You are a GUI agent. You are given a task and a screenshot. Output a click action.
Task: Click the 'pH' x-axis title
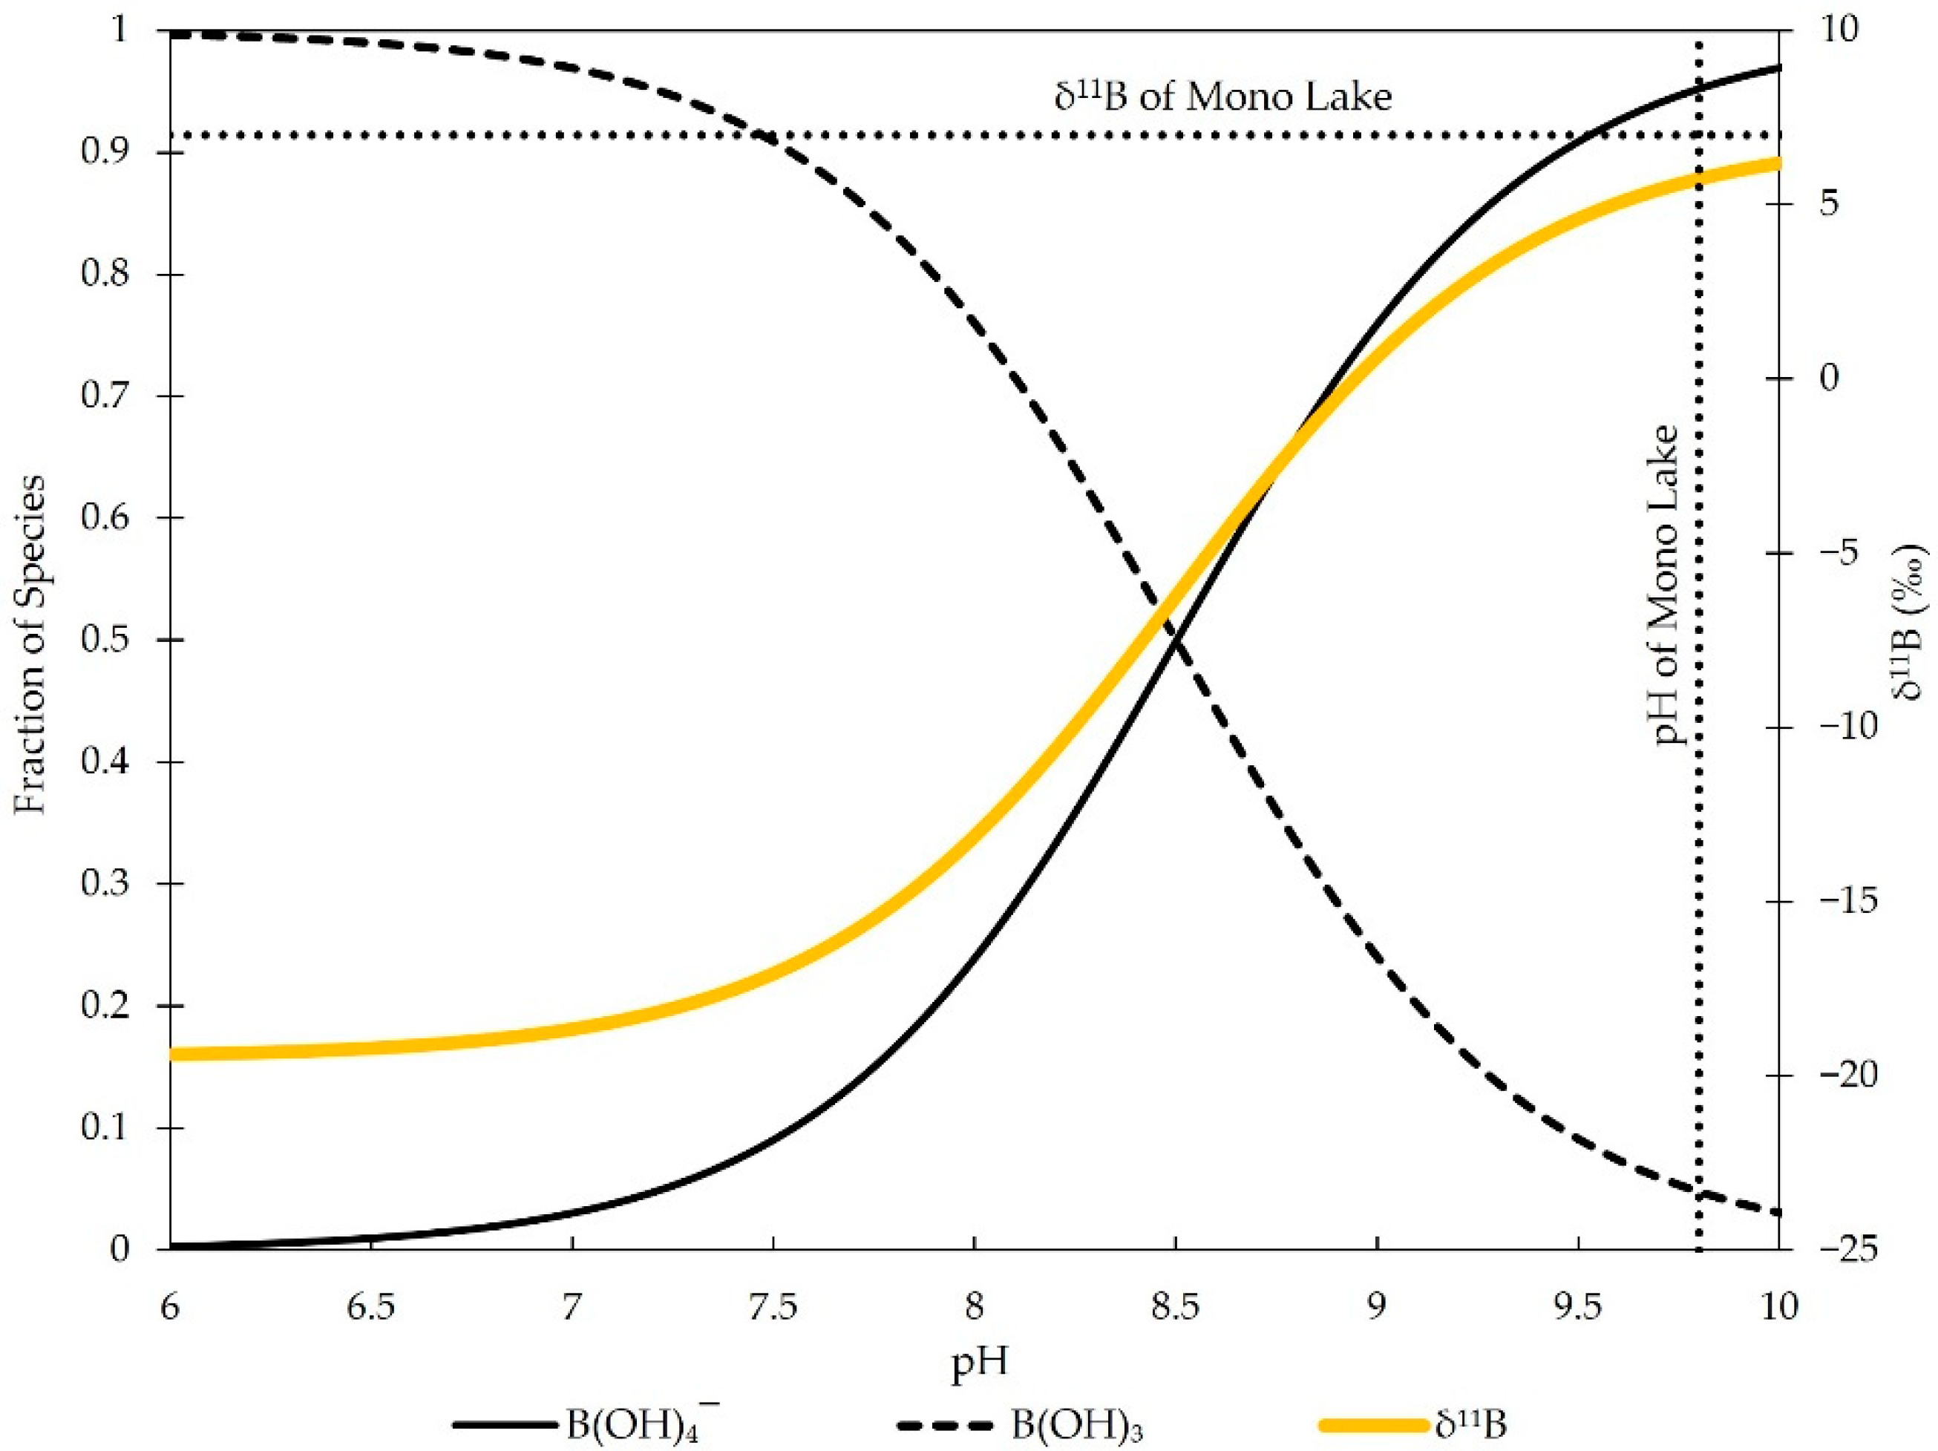pos(978,1364)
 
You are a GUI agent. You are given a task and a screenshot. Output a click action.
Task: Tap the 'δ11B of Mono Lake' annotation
pos(1223,96)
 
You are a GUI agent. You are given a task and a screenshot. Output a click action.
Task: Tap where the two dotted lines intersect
pos(1699,136)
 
